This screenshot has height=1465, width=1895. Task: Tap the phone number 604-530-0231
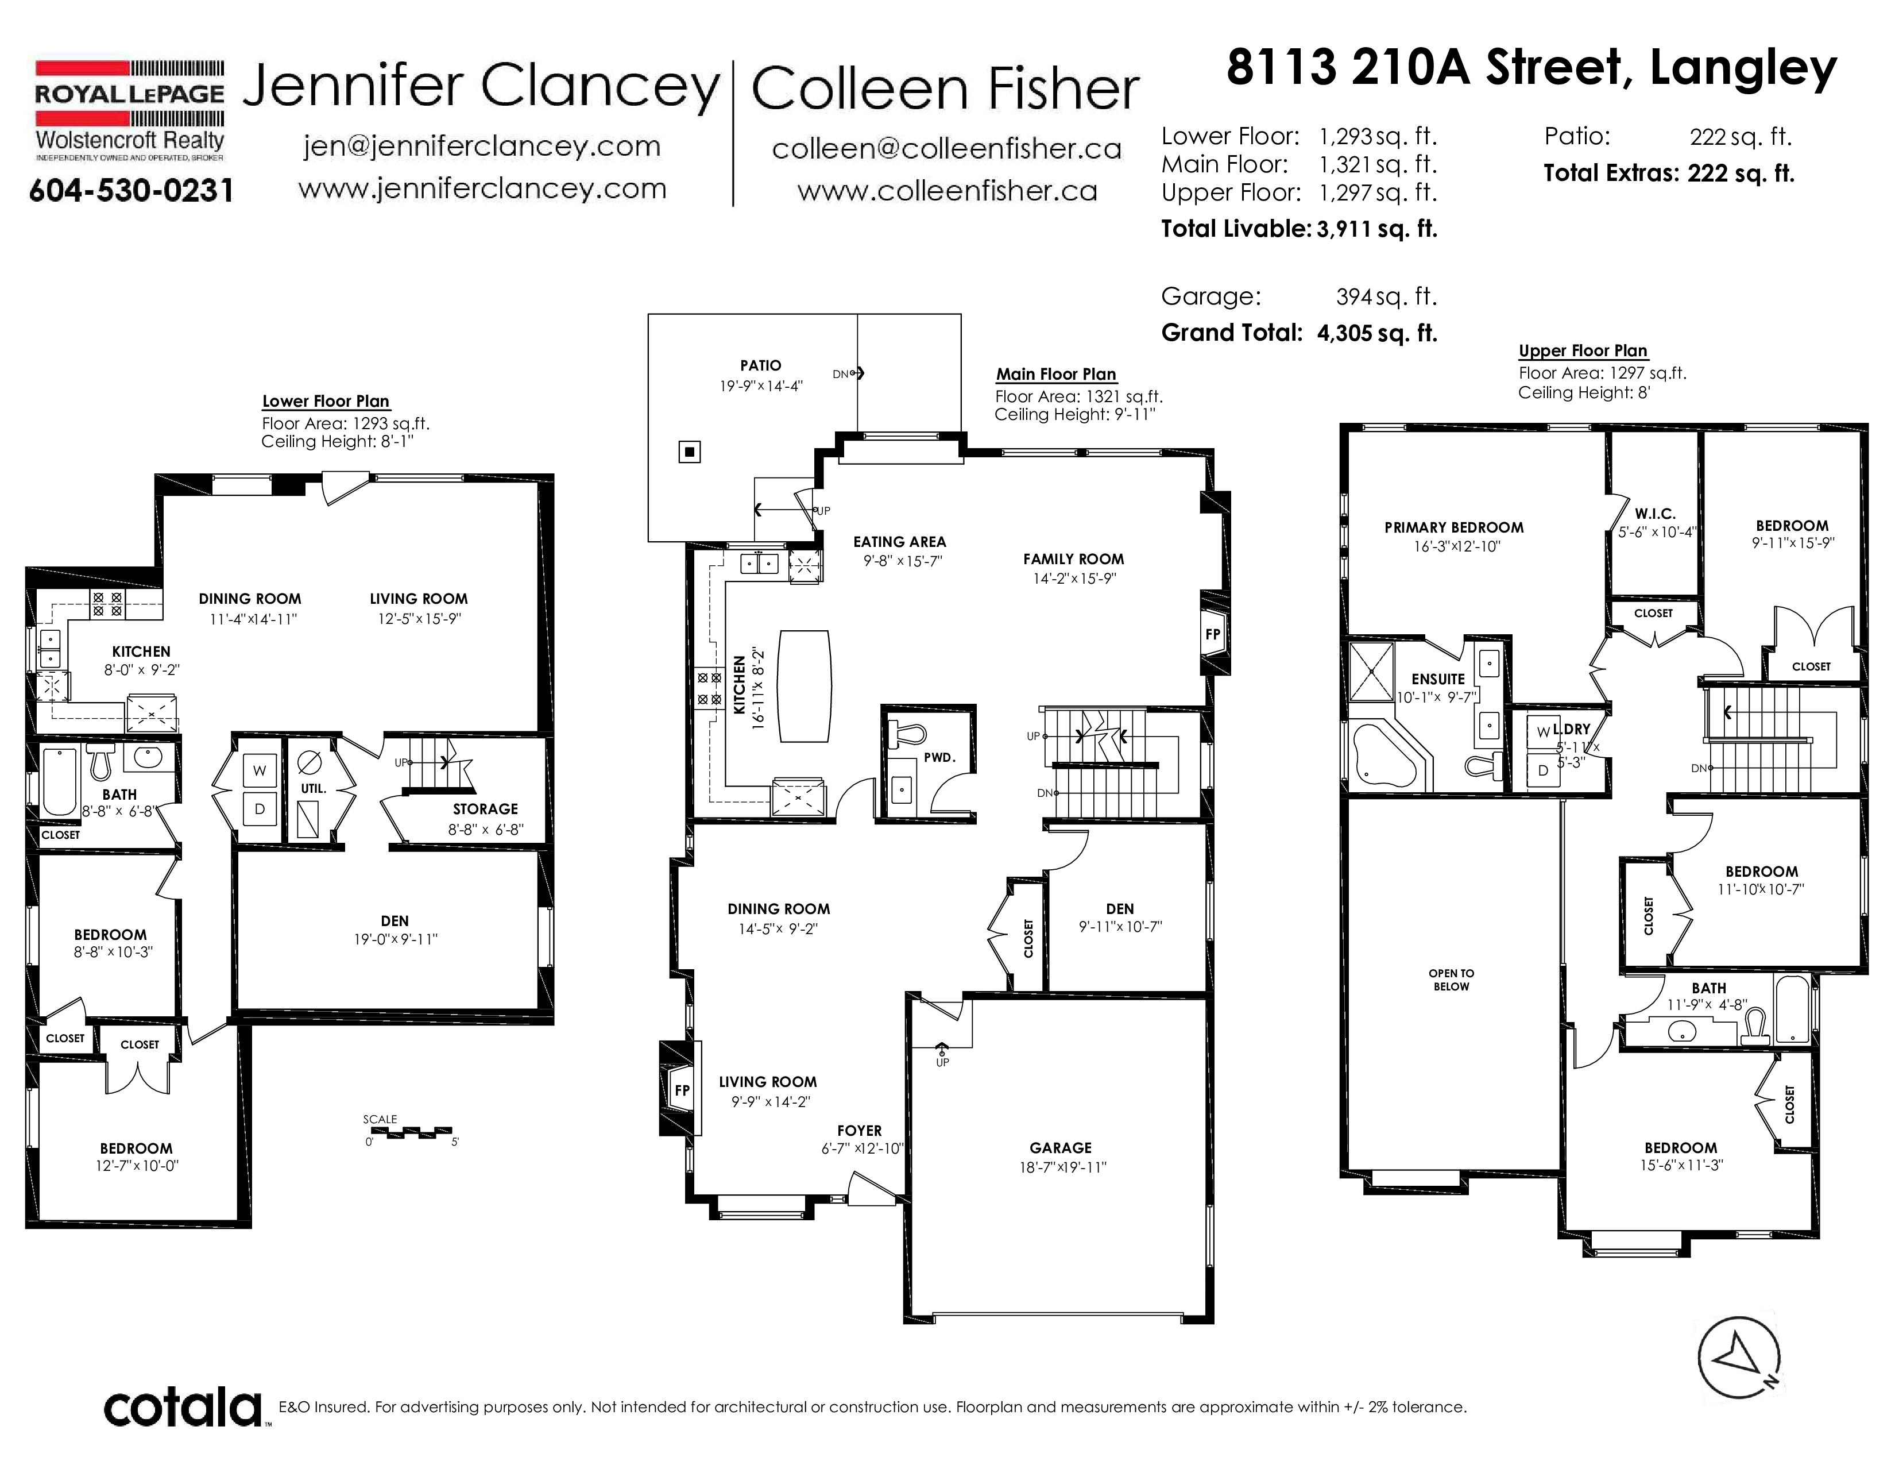pyautogui.click(x=131, y=190)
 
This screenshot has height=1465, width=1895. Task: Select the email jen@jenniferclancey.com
pyautogui.click(x=482, y=146)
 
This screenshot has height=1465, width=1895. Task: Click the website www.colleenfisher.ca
pyautogui.click(x=947, y=191)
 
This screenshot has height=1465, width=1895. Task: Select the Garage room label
pyautogui.click(x=1060, y=1147)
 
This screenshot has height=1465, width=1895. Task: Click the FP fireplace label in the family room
pyautogui.click(x=1212, y=634)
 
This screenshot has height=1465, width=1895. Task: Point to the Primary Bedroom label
pyautogui.click(x=1453, y=527)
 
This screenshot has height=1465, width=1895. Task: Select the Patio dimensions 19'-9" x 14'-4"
pyautogui.click(x=761, y=385)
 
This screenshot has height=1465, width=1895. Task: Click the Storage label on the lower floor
pyautogui.click(x=485, y=809)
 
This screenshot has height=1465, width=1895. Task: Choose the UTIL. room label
pyautogui.click(x=313, y=789)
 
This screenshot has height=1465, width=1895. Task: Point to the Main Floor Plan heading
pyautogui.click(x=1056, y=374)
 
